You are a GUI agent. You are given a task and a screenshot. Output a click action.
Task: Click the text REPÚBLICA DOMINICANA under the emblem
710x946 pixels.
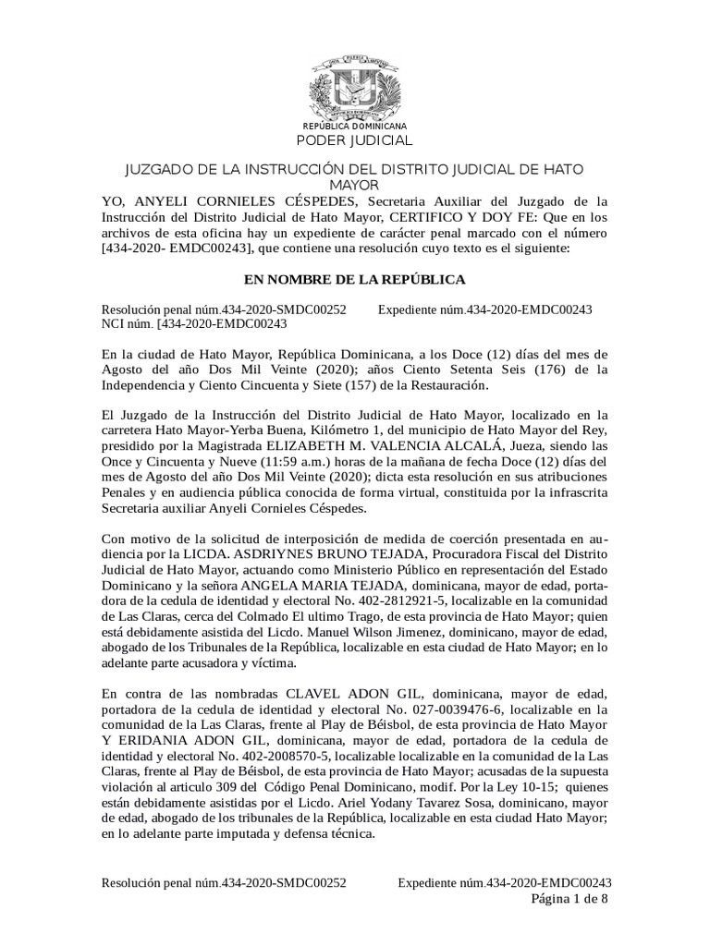coord(355,126)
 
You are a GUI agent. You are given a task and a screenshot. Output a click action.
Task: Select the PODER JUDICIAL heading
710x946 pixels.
coord(355,140)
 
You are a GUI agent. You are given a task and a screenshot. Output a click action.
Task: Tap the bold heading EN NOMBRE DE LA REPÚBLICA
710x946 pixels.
coord(354,278)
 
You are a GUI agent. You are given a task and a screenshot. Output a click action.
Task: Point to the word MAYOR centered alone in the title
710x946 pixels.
coord(355,185)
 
